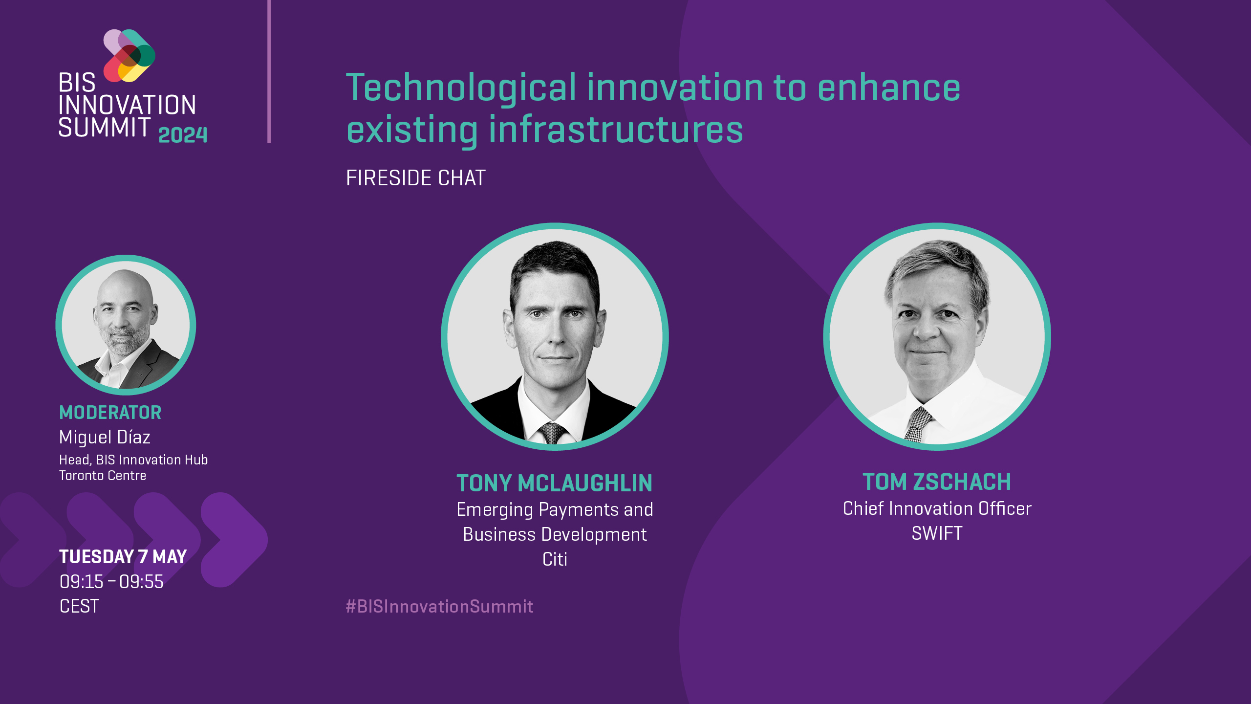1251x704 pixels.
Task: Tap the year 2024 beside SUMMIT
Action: click(183, 135)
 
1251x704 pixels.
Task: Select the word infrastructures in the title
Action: click(616, 130)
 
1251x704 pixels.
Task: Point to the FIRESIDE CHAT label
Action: click(415, 178)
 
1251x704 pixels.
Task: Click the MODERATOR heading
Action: click(110, 413)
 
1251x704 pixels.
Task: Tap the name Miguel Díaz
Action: click(105, 437)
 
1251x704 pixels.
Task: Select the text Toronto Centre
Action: click(103, 476)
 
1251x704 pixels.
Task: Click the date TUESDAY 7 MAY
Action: click(123, 557)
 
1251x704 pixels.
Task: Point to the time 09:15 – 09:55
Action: click(111, 582)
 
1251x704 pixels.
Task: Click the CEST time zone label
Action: click(79, 606)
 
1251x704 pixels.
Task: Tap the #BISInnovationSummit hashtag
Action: click(439, 607)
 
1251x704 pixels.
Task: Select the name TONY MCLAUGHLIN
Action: click(555, 483)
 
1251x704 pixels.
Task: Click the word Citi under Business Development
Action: click(555, 559)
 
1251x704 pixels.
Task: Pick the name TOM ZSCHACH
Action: click(937, 482)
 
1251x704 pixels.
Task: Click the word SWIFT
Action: click(937, 533)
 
